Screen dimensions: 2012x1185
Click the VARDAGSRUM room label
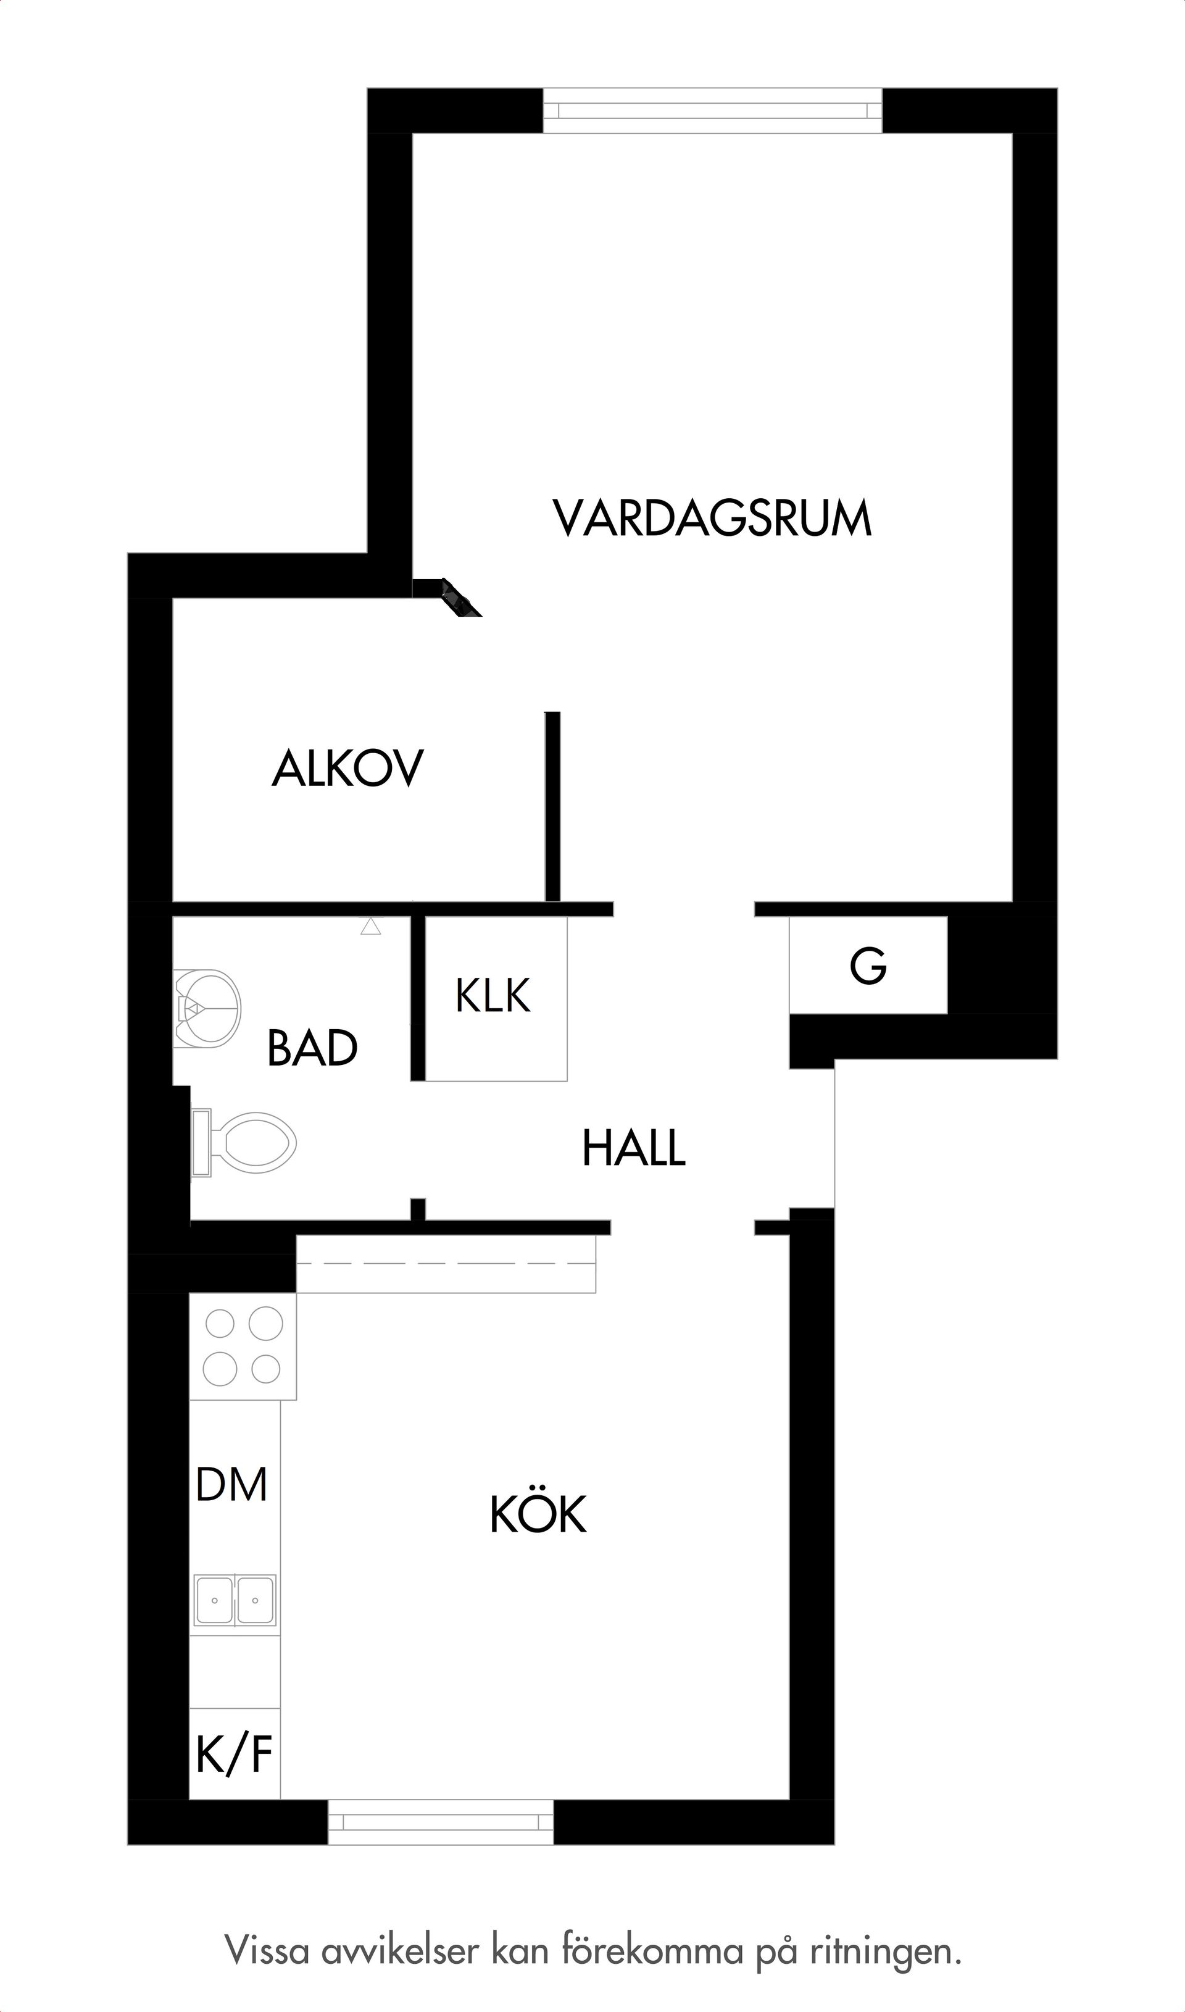tap(712, 519)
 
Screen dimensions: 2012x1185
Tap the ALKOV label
tap(347, 769)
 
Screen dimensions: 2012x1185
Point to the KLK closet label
tap(493, 996)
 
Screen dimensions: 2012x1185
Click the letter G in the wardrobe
tap(868, 966)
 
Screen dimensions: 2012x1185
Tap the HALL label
tap(634, 1148)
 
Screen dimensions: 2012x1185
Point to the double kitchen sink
tap(235, 1600)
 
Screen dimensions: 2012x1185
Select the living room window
tap(712, 111)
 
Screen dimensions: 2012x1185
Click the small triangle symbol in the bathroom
tap(370, 927)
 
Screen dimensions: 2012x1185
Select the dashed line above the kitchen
tap(446, 1264)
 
